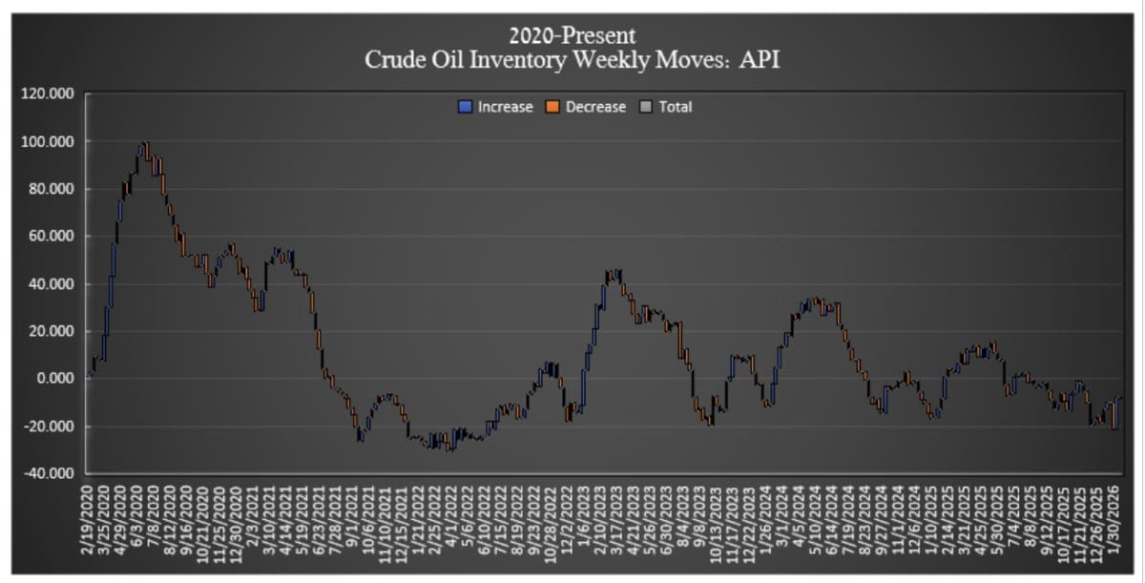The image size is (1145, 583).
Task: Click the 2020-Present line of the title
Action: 572,36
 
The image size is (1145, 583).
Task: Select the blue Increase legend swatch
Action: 467,107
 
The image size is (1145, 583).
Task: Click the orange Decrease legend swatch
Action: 553,107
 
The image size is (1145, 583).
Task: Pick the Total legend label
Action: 675,107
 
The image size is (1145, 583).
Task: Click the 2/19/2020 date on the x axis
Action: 89,520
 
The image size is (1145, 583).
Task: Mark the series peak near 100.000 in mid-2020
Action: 145,145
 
